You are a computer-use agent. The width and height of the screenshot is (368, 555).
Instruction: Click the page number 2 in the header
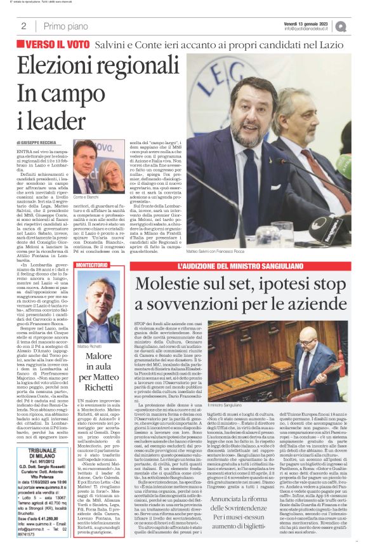click(23, 26)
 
